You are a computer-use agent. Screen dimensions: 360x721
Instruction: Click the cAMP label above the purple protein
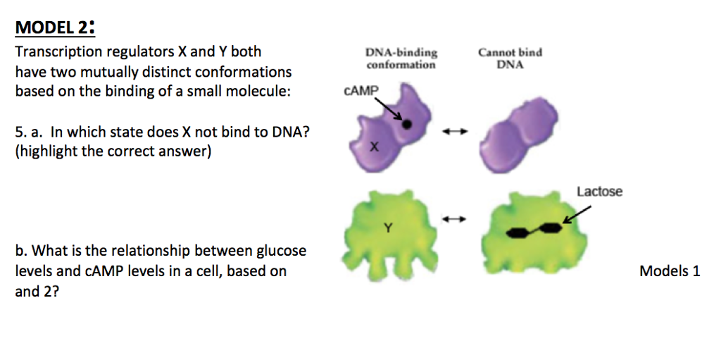[x=360, y=91]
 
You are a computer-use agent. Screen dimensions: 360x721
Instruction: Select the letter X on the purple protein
[x=374, y=147]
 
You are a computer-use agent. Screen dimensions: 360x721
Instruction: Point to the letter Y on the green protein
[x=387, y=228]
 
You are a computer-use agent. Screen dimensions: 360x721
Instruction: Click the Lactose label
[x=599, y=192]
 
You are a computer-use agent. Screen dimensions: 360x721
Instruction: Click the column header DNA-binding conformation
[x=401, y=58]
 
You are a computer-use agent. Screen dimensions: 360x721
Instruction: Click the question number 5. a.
[x=28, y=132]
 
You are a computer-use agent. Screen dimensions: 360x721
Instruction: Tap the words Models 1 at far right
[x=669, y=271]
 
